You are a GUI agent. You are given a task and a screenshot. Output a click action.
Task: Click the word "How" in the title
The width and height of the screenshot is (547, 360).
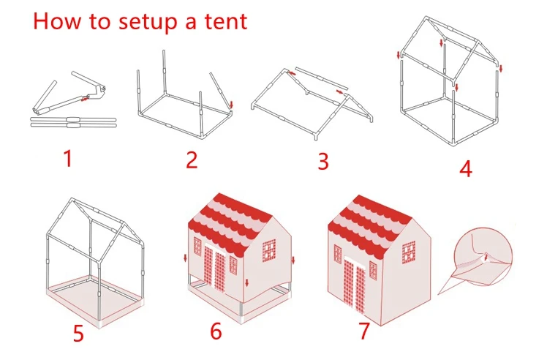57,21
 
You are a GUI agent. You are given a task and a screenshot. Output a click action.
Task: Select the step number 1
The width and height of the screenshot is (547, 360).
68,158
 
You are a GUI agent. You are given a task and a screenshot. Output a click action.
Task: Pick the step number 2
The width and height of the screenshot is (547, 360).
192,160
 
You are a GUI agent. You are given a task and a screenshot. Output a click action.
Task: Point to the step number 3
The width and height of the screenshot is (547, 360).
323,161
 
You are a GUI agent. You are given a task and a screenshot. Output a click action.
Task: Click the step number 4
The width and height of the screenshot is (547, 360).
466,168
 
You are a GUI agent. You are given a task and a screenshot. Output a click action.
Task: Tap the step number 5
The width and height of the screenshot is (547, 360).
78,333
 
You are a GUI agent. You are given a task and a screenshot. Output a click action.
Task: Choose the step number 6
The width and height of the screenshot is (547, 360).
216,331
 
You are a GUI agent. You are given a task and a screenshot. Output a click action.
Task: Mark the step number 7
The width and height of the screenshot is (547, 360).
364,330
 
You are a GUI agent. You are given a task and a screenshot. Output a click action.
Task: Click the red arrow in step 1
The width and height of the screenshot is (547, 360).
84,100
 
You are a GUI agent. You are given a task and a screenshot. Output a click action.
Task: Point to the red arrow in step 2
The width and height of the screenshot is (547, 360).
231,105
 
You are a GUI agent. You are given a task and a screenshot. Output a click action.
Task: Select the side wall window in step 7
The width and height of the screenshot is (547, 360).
409,252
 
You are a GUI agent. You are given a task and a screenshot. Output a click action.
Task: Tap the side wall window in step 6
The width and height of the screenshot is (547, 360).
268,250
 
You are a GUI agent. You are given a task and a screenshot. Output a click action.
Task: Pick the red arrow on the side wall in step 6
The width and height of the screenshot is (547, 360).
247,282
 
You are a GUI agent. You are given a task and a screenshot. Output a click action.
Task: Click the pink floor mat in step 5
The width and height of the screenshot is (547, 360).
95,302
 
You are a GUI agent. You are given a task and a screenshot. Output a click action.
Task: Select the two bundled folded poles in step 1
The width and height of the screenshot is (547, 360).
73,122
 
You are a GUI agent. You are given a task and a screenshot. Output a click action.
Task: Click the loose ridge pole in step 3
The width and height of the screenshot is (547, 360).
321,78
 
